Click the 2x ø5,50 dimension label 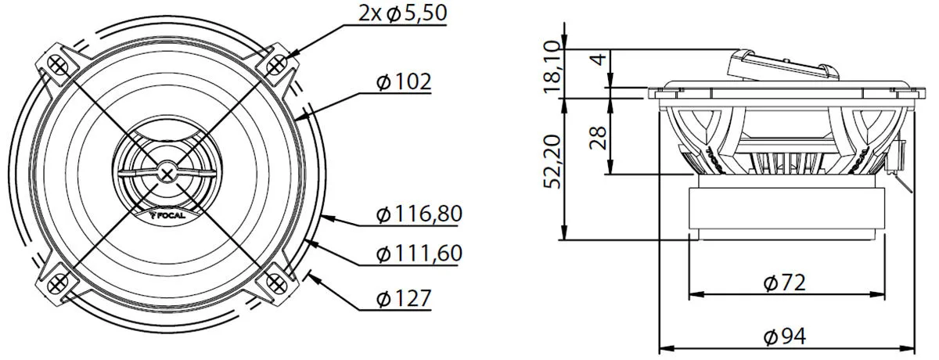[403, 13]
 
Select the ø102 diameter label [404, 81]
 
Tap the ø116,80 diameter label [419, 214]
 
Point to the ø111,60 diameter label [419, 254]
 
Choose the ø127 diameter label [404, 298]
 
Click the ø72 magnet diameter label [784, 283]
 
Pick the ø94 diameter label [784, 337]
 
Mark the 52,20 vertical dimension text [552, 161]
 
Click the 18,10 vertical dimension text [552, 67]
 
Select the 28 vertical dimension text [598, 138]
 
